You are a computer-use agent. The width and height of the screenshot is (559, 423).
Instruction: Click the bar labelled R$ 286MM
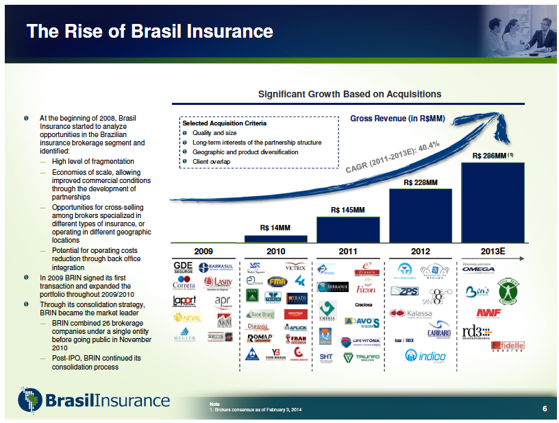493,202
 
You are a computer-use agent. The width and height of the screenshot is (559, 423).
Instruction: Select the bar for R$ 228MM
420,215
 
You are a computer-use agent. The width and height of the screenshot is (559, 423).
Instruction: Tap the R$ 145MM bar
348,229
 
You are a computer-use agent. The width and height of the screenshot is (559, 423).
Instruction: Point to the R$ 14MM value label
275,227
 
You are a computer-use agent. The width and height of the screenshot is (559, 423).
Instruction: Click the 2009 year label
204,252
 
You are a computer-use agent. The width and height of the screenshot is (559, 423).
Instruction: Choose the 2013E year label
493,252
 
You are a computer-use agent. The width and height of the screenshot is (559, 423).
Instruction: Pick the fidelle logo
508,346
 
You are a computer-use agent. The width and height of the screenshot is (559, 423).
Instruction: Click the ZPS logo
404,291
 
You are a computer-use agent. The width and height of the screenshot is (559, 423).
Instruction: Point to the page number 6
544,409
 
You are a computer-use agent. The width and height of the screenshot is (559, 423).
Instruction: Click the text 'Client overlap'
211,161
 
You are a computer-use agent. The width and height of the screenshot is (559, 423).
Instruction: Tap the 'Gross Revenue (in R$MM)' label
397,119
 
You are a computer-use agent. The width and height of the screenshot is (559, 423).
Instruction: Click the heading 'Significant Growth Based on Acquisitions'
349,94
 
